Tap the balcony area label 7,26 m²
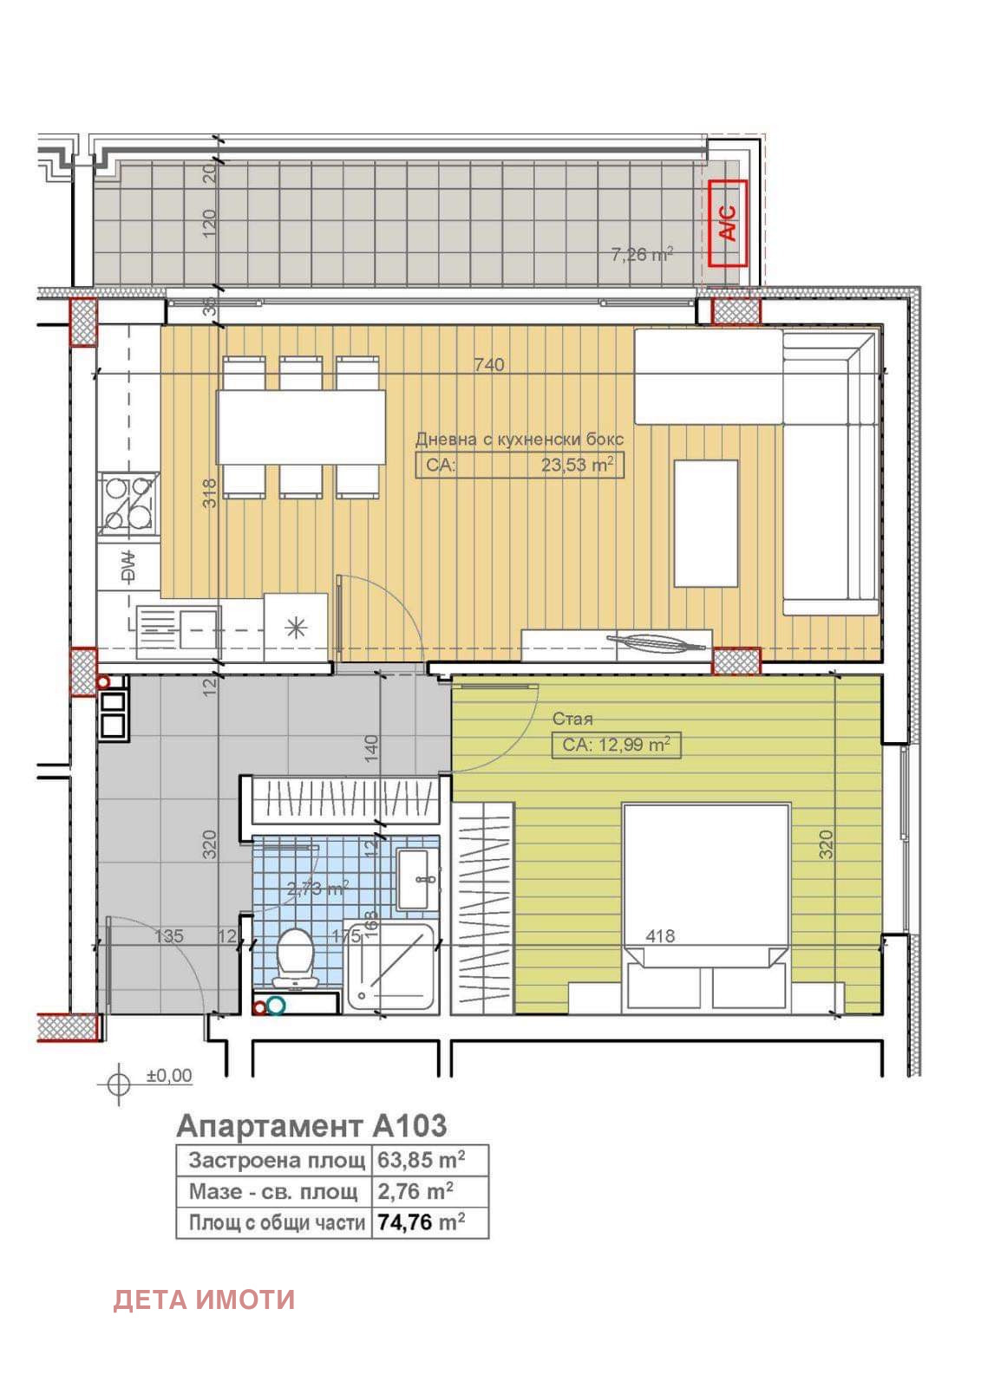[642, 255]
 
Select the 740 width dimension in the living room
[489, 365]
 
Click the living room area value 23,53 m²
[577, 465]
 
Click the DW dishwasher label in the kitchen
[128, 567]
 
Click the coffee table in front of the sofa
[706, 523]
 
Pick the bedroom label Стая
[573, 719]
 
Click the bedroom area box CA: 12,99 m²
[616, 745]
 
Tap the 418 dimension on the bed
[660, 936]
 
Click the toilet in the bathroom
[296, 958]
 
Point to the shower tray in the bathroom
[390, 967]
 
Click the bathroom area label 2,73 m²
[317, 889]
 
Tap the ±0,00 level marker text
[169, 1076]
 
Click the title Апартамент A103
[311, 1125]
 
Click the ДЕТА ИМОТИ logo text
[204, 1299]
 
